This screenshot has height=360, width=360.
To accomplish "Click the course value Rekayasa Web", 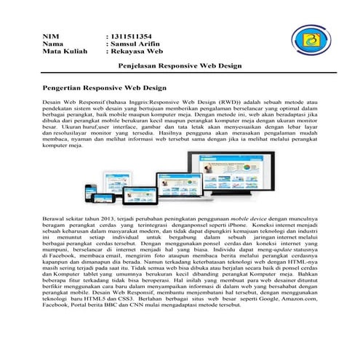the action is [x=134, y=52].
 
